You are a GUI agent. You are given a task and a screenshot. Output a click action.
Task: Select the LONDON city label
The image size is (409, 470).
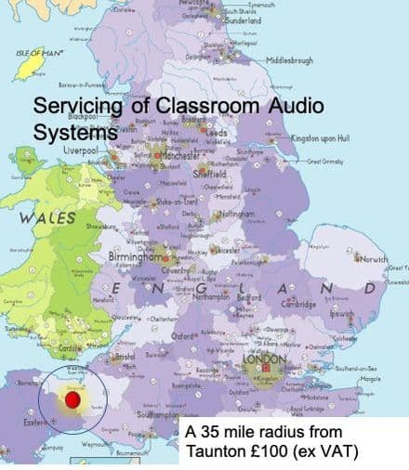[x=264, y=358]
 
